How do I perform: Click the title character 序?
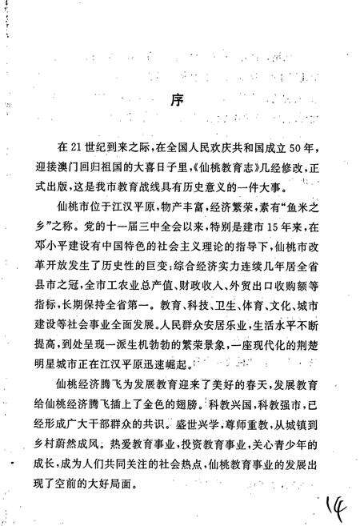tap(179, 102)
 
